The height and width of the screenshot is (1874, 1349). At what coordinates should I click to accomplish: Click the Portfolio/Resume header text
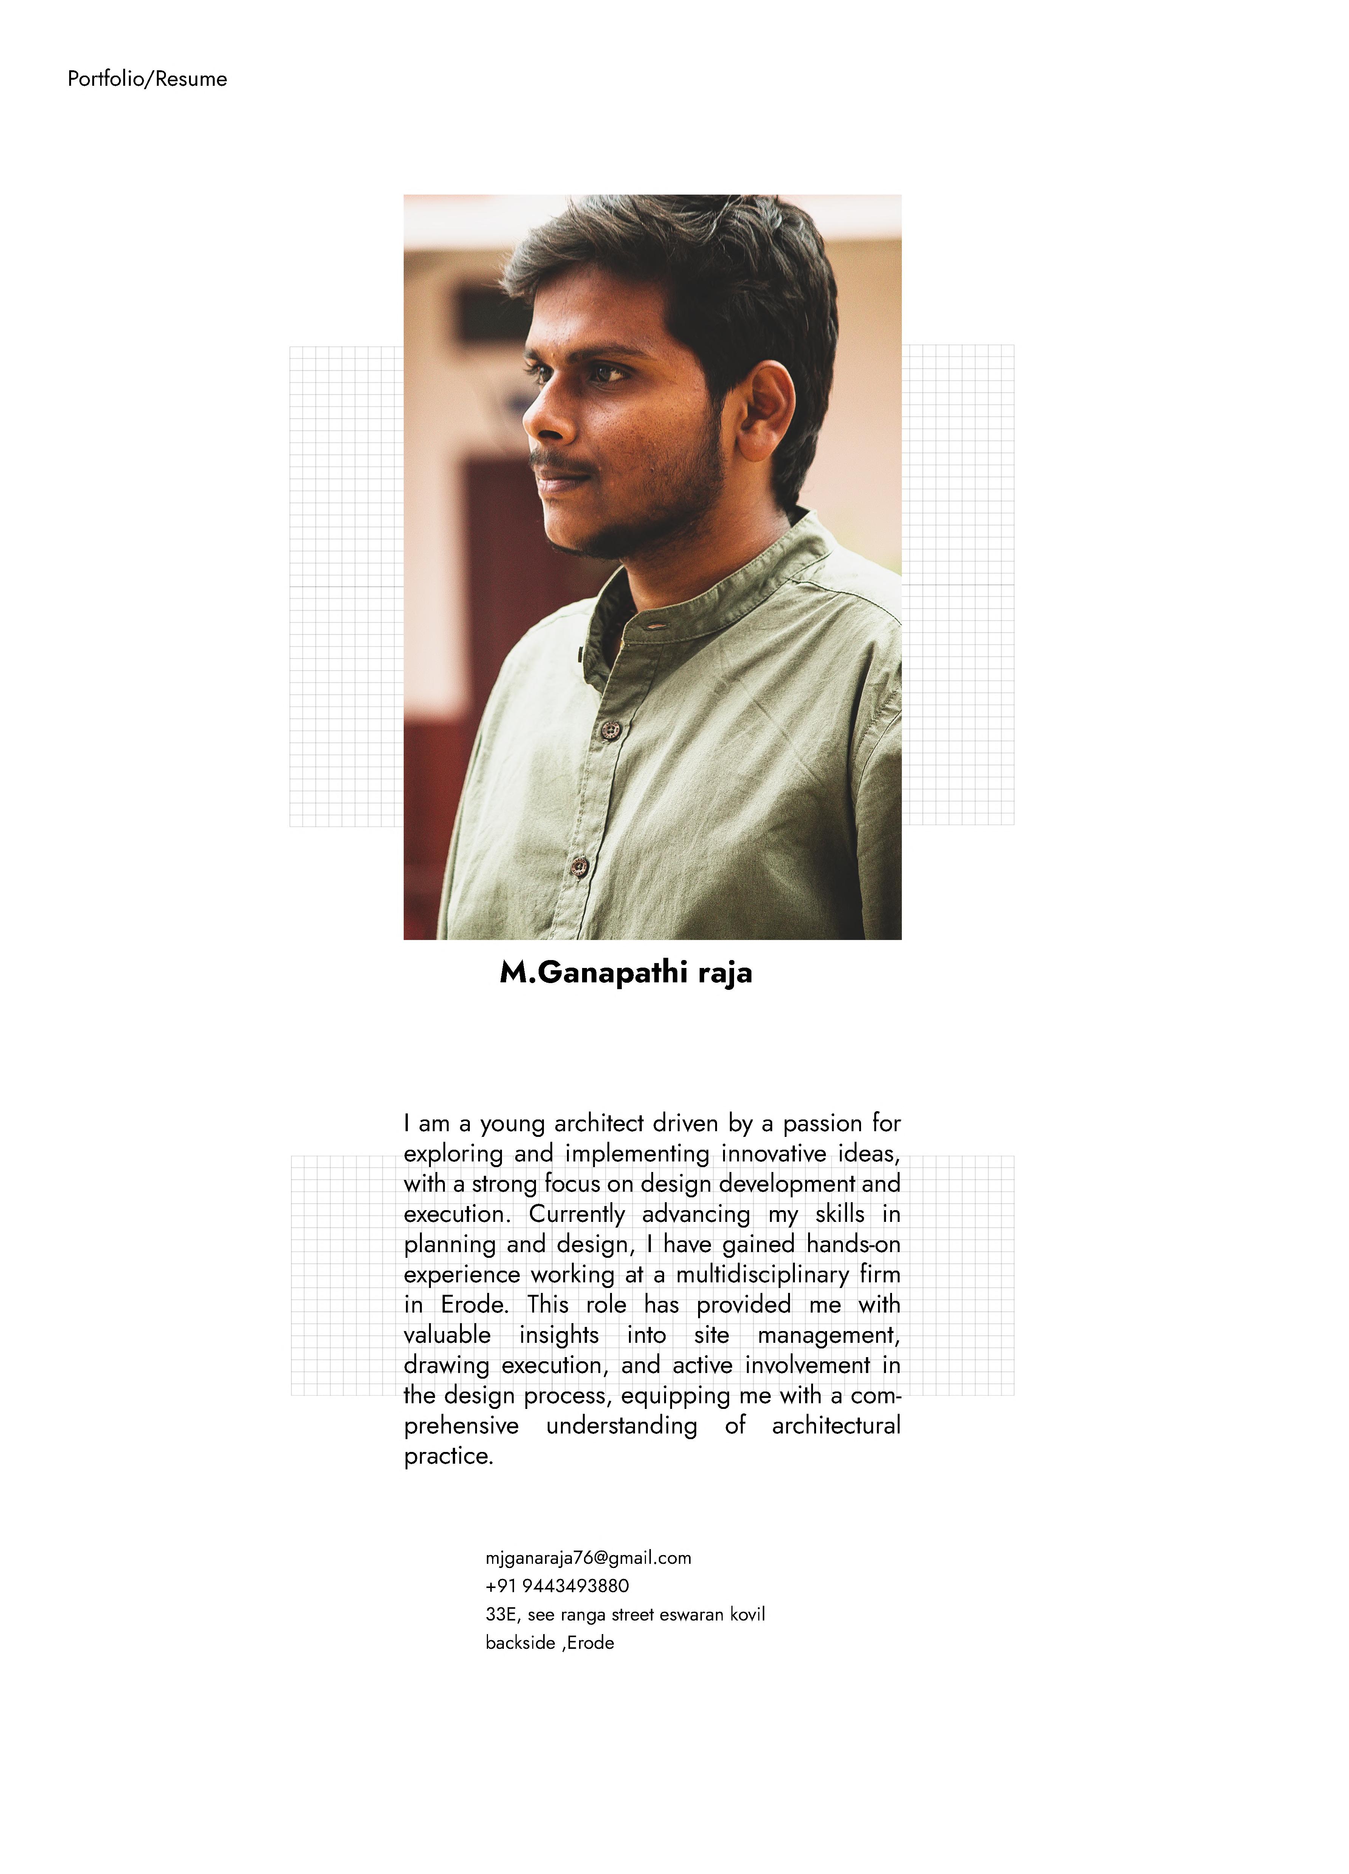click(147, 79)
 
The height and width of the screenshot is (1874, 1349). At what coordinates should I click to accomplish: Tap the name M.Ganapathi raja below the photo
click(626, 973)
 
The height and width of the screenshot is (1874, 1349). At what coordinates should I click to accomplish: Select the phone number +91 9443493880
click(557, 1586)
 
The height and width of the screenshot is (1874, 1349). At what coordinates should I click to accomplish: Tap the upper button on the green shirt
click(611, 729)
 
